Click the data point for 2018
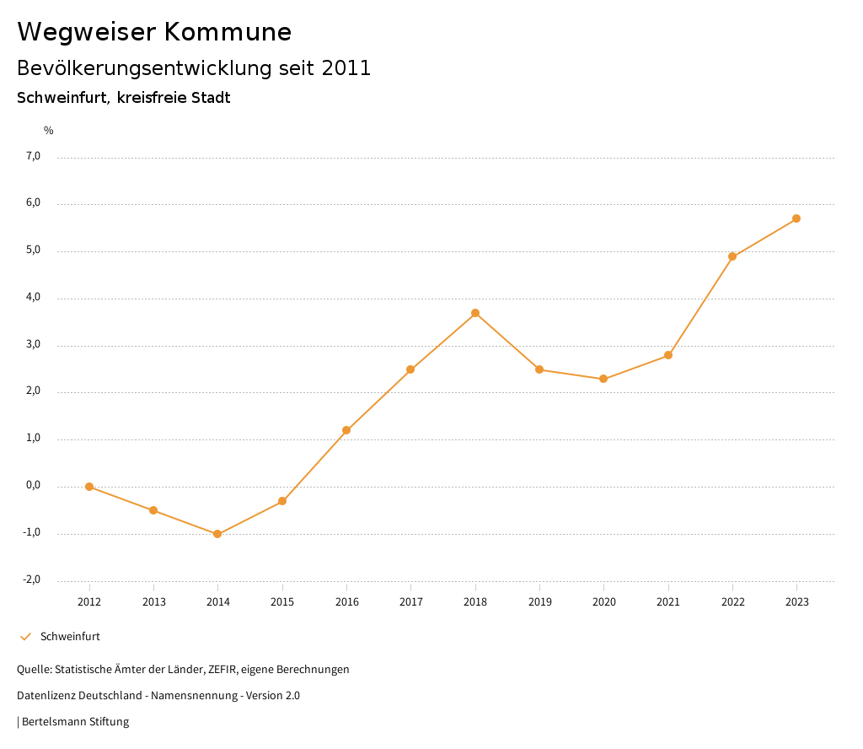[x=475, y=313]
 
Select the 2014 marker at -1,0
[x=217, y=534]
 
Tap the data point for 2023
[x=796, y=218]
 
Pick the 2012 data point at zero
[x=89, y=487]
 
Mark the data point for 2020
[x=603, y=379]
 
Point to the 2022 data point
[x=732, y=256]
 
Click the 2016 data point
[x=346, y=430]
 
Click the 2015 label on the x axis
[x=282, y=602]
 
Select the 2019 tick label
[x=539, y=602]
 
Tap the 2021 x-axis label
[x=668, y=602]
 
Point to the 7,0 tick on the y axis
[x=34, y=156]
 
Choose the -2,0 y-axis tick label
[x=32, y=579]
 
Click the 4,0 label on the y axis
[x=34, y=298]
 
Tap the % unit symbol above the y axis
[x=49, y=131]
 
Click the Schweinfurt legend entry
[x=70, y=637]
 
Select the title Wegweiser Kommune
[x=154, y=32]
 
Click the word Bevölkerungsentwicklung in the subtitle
[x=144, y=68]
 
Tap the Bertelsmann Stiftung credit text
[x=75, y=722]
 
